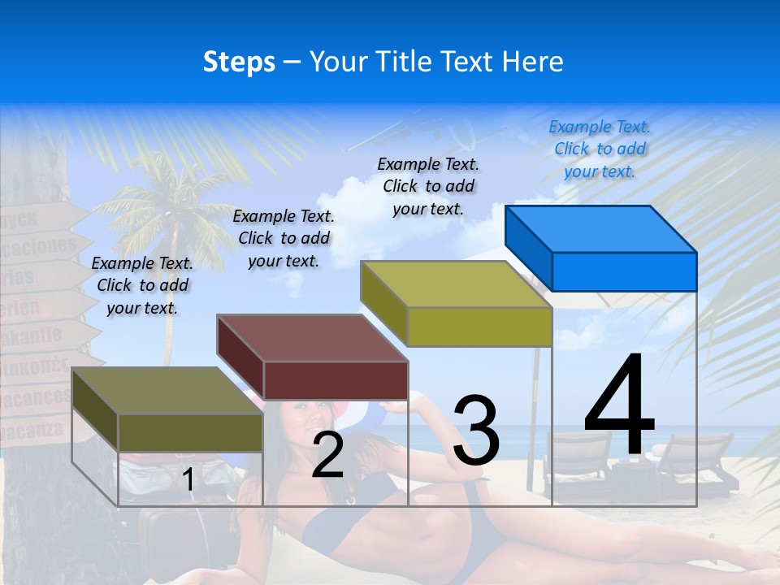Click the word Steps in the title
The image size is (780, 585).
239,62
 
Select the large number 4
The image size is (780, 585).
619,406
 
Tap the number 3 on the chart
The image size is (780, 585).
476,431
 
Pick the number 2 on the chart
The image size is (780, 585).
327,456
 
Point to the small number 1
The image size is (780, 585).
188,480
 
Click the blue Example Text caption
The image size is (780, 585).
600,149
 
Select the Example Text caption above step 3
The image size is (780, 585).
428,186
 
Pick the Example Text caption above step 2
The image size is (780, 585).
284,238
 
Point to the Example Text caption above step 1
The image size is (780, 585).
142,285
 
